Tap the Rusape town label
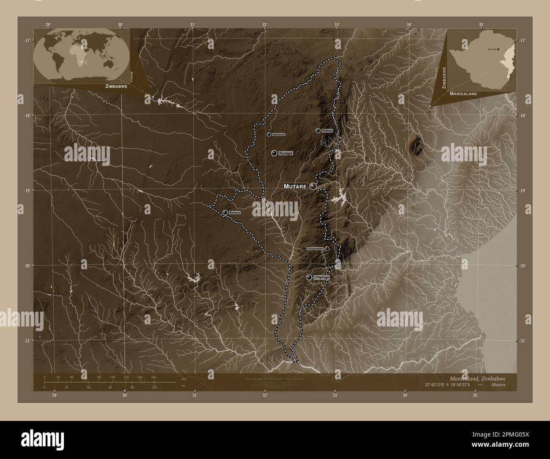[x=286, y=153]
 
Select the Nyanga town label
[x=327, y=130]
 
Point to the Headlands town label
[x=278, y=134]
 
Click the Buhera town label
[x=234, y=212]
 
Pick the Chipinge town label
[x=322, y=277]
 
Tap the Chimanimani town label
[x=315, y=249]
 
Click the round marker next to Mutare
[x=313, y=186]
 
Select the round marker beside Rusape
[x=274, y=153]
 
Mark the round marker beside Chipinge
[x=310, y=277]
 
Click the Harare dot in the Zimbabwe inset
[x=498, y=49]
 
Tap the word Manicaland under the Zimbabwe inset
[x=463, y=94]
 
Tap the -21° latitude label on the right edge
[x=523, y=340]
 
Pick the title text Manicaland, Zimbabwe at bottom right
[x=478, y=378]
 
